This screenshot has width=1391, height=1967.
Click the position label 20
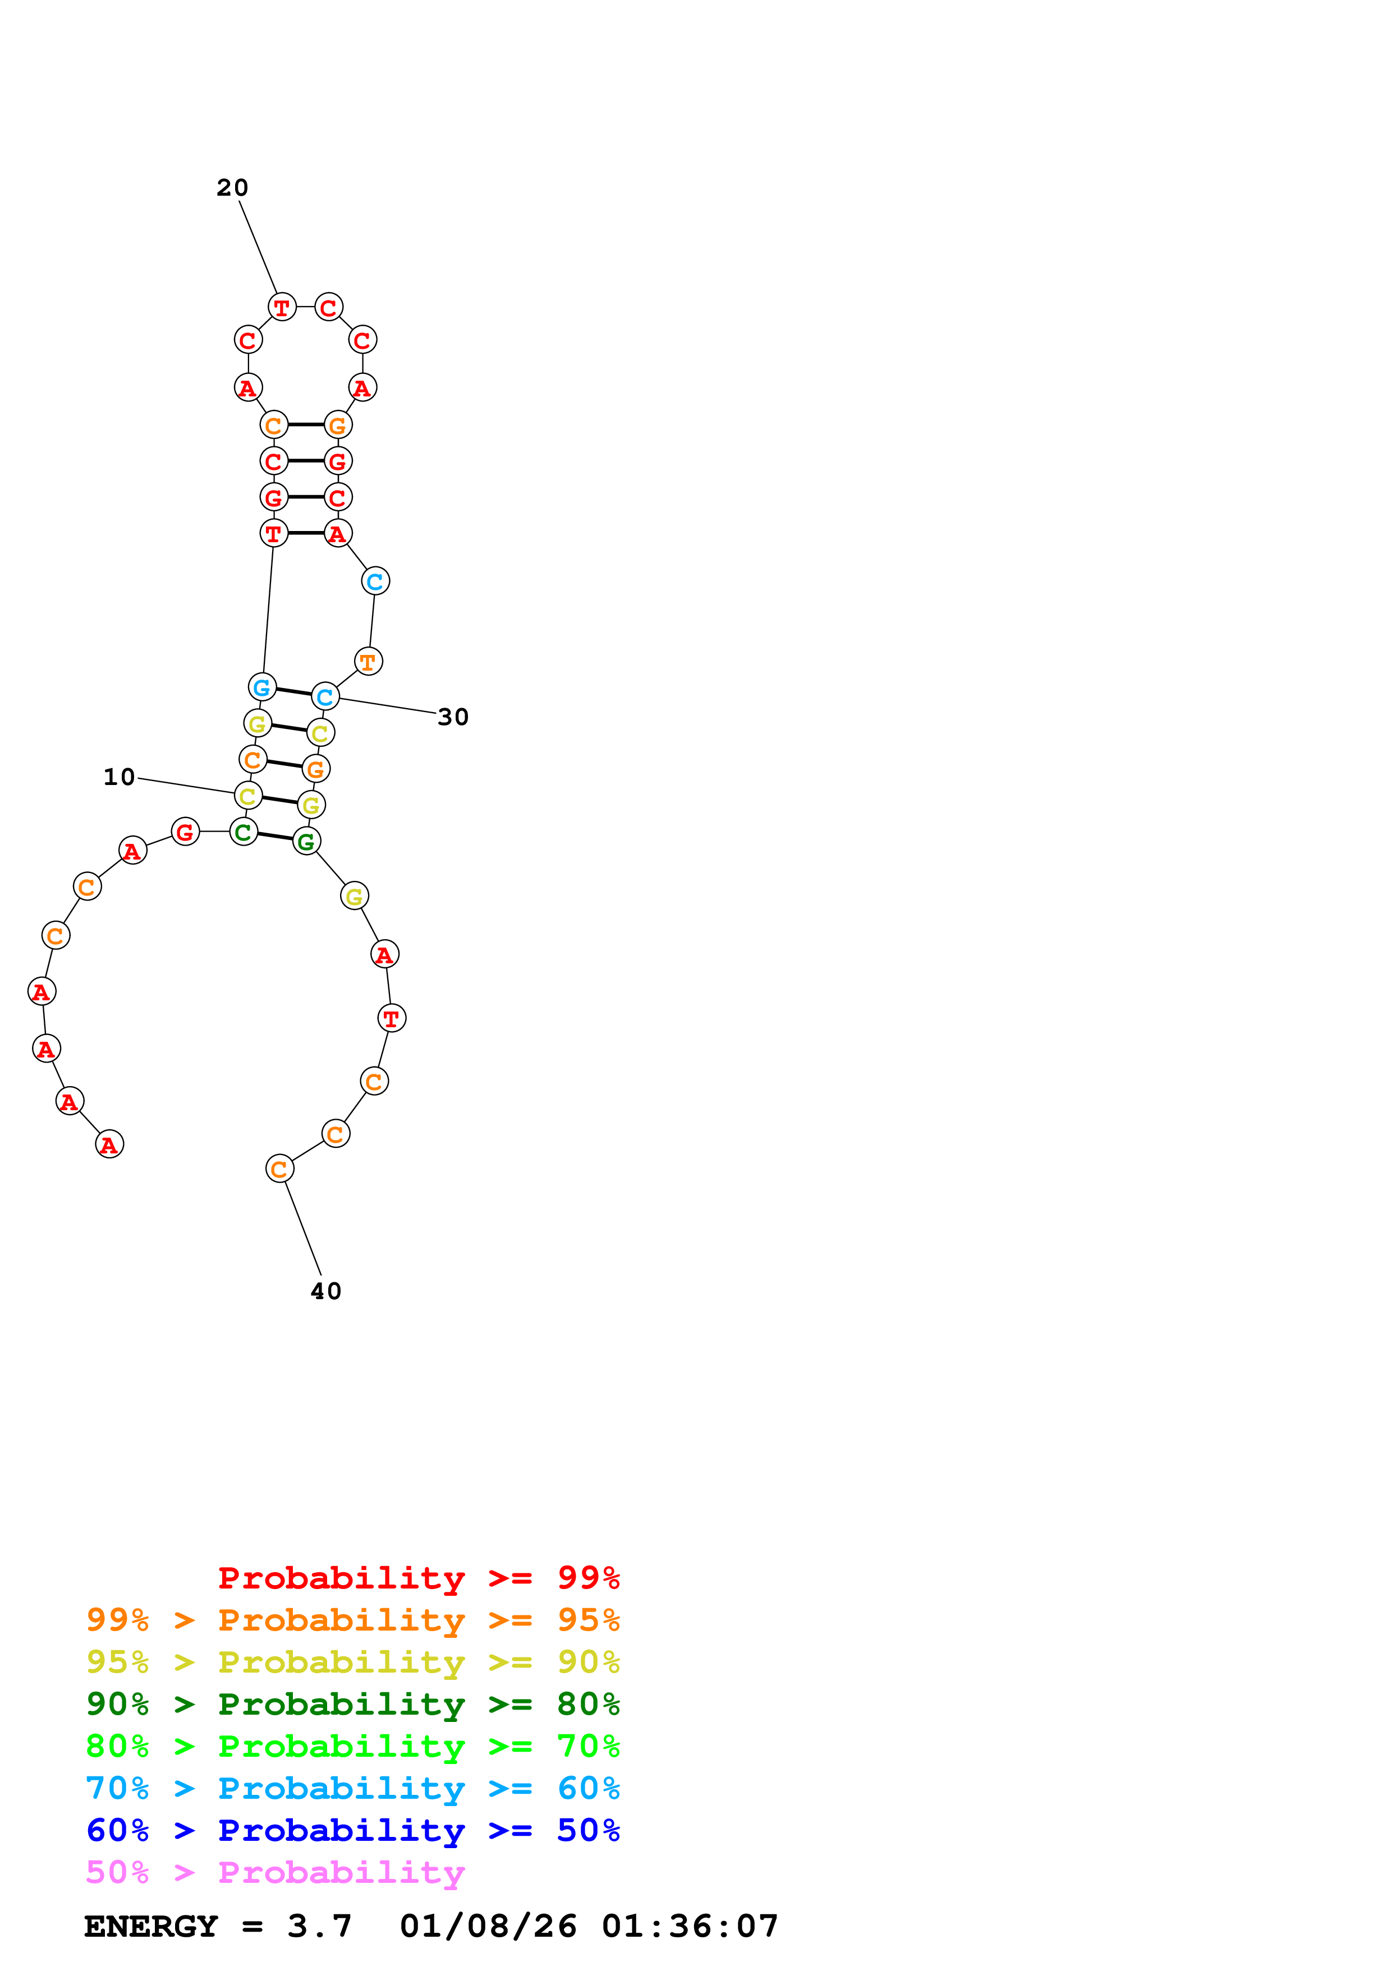[232, 188]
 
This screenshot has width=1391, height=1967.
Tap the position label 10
[119, 777]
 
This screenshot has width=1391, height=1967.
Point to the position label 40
[325, 1291]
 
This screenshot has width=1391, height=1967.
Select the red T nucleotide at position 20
[282, 307]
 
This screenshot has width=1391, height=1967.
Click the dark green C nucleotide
[244, 831]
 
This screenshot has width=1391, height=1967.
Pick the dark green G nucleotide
[306, 841]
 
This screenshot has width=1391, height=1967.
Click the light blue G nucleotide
[262, 686]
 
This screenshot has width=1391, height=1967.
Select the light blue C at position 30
[325, 696]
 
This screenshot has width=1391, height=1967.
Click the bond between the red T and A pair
[305, 533]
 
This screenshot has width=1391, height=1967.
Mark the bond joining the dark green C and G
[275, 836]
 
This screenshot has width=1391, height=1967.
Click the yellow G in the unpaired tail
[354, 896]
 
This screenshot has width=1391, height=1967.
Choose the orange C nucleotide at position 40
[279, 1169]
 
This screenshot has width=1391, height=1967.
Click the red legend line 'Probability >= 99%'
[418, 1578]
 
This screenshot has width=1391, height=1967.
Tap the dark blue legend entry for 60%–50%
[352, 1830]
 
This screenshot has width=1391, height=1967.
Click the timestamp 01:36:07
[690, 1926]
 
